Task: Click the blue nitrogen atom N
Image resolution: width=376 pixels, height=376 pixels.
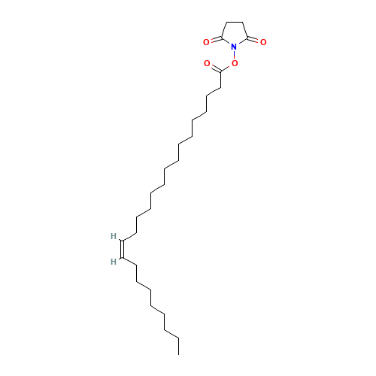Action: click(234, 47)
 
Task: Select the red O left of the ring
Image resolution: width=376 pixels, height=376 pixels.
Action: click(206, 43)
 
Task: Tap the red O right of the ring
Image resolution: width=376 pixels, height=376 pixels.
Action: click(262, 43)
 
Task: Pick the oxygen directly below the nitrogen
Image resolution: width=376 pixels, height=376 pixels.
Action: click(234, 64)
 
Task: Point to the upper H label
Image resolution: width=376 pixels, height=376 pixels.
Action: click(113, 236)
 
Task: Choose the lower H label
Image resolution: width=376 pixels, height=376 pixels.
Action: click(113, 262)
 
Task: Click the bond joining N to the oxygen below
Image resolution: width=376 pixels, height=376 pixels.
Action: click(234, 56)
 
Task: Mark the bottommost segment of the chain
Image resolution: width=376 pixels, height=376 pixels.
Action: click(173, 334)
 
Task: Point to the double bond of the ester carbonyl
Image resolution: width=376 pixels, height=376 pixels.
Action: click(214, 68)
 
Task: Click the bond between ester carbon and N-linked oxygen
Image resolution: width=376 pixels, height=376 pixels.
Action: click(227, 68)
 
